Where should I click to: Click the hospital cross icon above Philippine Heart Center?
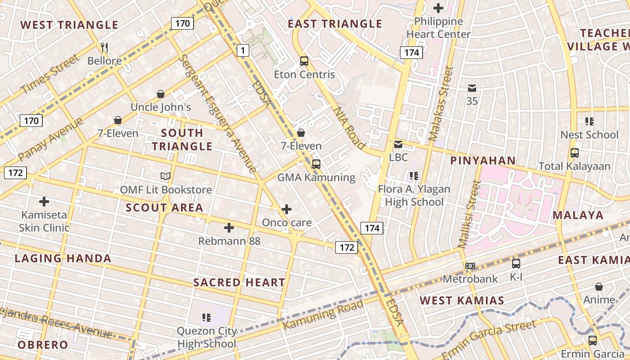click(x=438, y=8)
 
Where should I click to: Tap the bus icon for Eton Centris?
click(x=304, y=61)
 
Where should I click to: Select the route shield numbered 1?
click(x=243, y=50)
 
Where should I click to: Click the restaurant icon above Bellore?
click(x=104, y=47)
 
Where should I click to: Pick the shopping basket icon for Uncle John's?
click(x=161, y=94)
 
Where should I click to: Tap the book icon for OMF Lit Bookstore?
click(x=166, y=176)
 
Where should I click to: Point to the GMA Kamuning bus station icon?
click(x=316, y=164)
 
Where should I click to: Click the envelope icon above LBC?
click(x=398, y=144)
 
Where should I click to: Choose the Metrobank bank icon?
click(x=470, y=266)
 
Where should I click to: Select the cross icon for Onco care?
click(x=287, y=209)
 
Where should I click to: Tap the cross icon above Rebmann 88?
click(x=229, y=228)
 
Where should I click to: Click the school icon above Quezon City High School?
click(x=207, y=318)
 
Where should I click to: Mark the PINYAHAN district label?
click(x=483, y=161)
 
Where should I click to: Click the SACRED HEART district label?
click(x=239, y=283)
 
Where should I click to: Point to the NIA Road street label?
click(x=349, y=128)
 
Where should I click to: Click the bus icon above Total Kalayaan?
click(x=575, y=153)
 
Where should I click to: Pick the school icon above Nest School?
click(x=589, y=121)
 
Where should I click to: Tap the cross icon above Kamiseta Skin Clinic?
click(x=44, y=201)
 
